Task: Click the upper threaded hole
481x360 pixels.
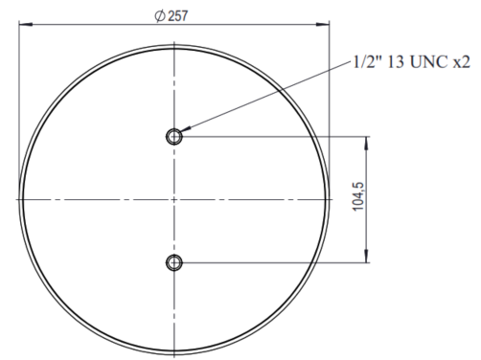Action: click(174, 137)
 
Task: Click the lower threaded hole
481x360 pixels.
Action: click(174, 263)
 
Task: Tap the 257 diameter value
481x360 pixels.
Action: click(178, 16)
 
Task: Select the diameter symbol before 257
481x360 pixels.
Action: click(160, 15)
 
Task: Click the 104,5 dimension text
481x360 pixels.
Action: click(358, 196)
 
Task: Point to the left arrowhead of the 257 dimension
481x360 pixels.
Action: click(26, 24)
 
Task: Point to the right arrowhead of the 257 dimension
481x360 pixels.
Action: click(323, 24)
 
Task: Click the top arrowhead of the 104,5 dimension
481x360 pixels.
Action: click(366, 144)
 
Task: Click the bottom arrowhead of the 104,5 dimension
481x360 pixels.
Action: click(366, 257)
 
